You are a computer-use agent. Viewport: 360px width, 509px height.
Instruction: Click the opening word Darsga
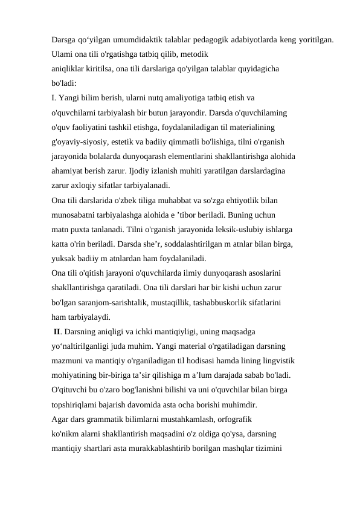pyautogui.click(x=64, y=40)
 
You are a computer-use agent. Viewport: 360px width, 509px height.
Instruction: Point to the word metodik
pyautogui.click(x=194, y=54)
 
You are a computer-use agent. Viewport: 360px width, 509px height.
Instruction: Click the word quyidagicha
pyautogui.click(x=256, y=68)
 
